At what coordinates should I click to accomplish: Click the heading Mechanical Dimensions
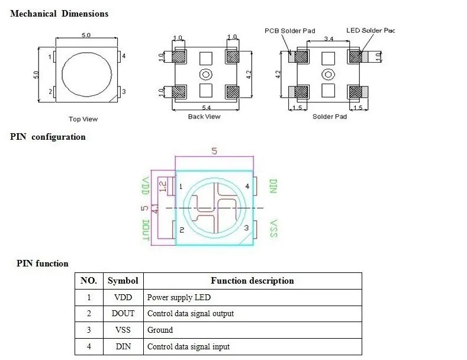click(x=59, y=13)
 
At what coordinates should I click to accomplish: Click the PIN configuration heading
click(x=48, y=137)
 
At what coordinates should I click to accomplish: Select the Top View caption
click(x=83, y=119)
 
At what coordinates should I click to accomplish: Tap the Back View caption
click(x=204, y=117)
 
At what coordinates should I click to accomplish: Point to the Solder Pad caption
click(x=330, y=117)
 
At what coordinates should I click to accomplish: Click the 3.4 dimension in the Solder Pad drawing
click(x=328, y=39)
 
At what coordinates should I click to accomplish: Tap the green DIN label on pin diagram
click(x=273, y=187)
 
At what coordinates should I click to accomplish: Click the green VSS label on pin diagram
click(x=273, y=229)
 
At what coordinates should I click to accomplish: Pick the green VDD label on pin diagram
click(x=146, y=187)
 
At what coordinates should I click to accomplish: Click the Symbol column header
click(x=123, y=281)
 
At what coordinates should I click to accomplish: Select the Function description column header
click(x=252, y=281)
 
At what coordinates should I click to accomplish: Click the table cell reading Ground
click(x=160, y=330)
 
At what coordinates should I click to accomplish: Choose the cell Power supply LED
click(x=178, y=297)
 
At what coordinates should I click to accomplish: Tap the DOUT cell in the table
click(x=123, y=313)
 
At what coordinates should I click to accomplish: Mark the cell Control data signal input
click(x=188, y=346)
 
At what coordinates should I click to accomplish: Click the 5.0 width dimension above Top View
click(x=86, y=36)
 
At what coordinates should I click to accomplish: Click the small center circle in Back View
click(x=205, y=74)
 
